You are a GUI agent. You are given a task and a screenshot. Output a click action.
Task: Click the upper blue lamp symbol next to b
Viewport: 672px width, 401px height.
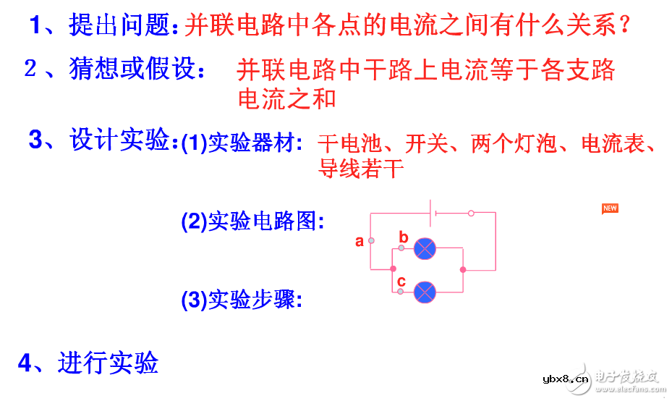[425, 249]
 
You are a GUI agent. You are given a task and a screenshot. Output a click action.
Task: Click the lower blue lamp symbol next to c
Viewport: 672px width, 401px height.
[425, 292]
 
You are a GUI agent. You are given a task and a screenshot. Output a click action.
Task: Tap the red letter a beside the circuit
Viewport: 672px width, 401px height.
[360, 242]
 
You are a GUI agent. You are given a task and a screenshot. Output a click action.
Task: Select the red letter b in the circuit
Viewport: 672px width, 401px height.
[404, 237]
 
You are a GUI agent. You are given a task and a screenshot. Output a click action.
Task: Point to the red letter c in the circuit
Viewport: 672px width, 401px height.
[401, 281]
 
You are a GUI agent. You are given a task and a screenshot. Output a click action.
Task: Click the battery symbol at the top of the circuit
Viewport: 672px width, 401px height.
[432, 213]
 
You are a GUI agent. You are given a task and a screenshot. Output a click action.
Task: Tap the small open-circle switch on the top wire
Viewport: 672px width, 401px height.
[472, 213]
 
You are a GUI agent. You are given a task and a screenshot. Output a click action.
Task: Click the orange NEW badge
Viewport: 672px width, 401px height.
[610, 208]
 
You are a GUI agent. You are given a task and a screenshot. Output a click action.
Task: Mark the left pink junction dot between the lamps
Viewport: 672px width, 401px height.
[394, 269]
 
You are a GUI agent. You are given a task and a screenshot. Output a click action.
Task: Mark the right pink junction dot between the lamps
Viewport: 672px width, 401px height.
[463, 269]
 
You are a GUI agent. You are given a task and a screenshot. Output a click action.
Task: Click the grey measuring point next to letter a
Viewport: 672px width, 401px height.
[371, 240]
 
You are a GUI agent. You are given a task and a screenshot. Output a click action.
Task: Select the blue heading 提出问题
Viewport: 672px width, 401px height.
[122, 27]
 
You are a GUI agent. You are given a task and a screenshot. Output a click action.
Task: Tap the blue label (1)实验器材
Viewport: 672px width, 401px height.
[242, 144]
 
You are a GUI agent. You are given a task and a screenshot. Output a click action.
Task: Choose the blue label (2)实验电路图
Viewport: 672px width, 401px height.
[252, 221]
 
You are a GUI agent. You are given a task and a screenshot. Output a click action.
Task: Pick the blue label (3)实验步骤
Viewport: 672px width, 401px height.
[242, 299]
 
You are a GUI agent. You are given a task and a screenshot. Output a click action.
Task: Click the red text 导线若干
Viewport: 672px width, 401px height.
[360, 169]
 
